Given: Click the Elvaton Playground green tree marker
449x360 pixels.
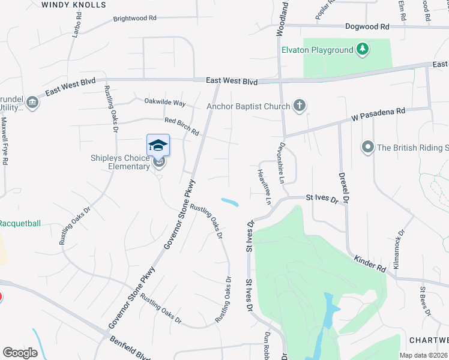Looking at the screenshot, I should pyautogui.click(x=362, y=49).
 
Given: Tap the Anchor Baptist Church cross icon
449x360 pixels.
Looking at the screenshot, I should pyautogui.click(x=299, y=106).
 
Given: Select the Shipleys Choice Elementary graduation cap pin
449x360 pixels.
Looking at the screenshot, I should pyautogui.click(x=158, y=146).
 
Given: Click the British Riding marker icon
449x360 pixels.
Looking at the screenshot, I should pyautogui.click(x=367, y=147).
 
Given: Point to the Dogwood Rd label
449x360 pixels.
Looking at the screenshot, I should pyautogui.click(x=367, y=26).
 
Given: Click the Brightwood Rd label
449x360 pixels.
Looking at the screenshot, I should pyautogui.click(x=134, y=19).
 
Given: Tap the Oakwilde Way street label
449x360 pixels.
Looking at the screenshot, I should pyautogui.click(x=165, y=103).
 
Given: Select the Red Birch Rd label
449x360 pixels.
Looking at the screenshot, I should pyautogui.click(x=181, y=126).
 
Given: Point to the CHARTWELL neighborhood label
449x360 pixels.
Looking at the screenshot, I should pyautogui.click(x=429, y=340).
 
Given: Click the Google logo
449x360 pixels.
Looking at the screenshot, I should pyautogui.click(x=20, y=353).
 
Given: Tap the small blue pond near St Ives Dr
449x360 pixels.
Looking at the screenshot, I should pyautogui.click(x=230, y=202).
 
